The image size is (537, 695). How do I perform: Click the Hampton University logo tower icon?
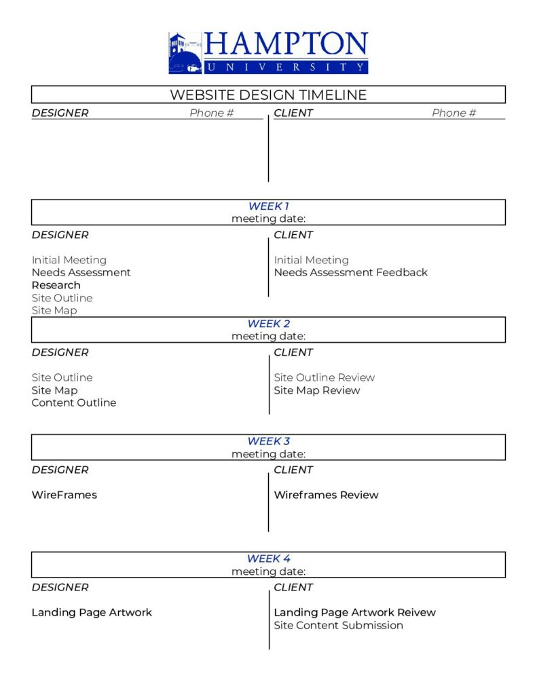(x=185, y=52)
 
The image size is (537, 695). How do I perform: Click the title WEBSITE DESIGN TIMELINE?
(x=268, y=95)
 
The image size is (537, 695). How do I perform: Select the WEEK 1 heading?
(x=268, y=206)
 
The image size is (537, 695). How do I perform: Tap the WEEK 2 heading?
(x=268, y=324)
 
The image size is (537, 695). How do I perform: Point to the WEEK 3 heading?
(x=268, y=441)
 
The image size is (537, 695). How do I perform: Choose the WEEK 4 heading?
(x=268, y=559)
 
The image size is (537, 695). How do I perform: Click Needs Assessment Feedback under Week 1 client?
(x=350, y=272)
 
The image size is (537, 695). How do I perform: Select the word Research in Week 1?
(x=56, y=285)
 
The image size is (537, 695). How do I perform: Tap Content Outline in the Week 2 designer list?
(x=73, y=402)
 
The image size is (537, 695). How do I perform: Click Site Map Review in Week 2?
(x=316, y=390)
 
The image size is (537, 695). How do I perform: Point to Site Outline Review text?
(x=324, y=377)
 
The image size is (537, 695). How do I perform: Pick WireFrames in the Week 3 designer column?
(x=64, y=495)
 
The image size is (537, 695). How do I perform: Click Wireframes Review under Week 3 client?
(x=326, y=495)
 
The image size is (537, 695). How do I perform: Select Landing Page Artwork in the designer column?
(x=92, y=612)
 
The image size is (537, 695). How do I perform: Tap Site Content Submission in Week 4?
(x=338, y=625)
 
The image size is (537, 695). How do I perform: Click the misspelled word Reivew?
(x=416, y=612)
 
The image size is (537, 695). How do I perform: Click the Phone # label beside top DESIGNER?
(x=211, y=113)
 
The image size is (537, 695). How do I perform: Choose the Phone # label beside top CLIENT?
(x=453, y=113)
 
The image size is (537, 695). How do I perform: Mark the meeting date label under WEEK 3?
(x=268, y=454)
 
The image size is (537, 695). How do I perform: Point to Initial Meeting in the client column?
(x=311, y=260)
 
